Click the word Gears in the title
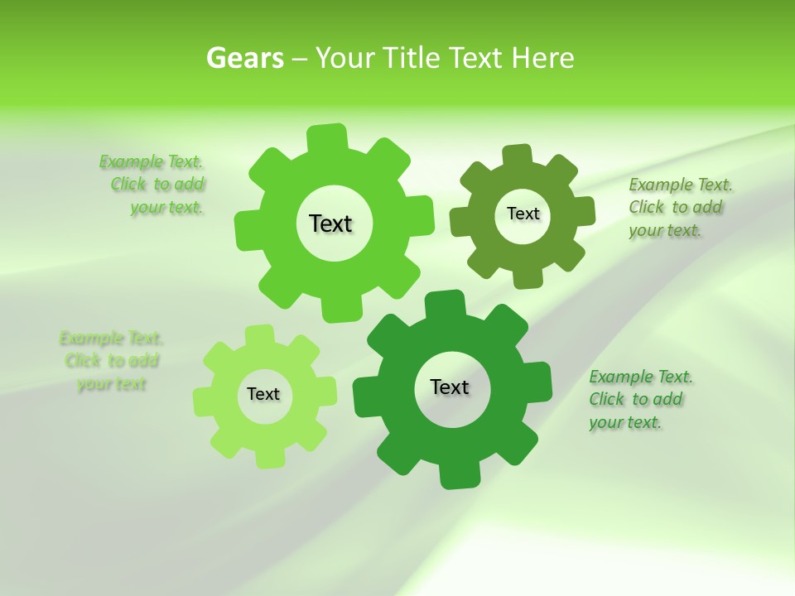coord(245,58)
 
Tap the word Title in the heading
coord(412,58)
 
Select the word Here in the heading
coord(542,58)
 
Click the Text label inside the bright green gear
coord(330,223)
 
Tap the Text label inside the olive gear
coord(523,214)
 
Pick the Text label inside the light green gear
coord(263,394)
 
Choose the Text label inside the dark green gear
coord(450,387)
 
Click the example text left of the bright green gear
coord(152,185)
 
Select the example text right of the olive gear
coord(679,207)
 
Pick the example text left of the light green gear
coord(111,361)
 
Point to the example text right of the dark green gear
coord(639,399)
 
